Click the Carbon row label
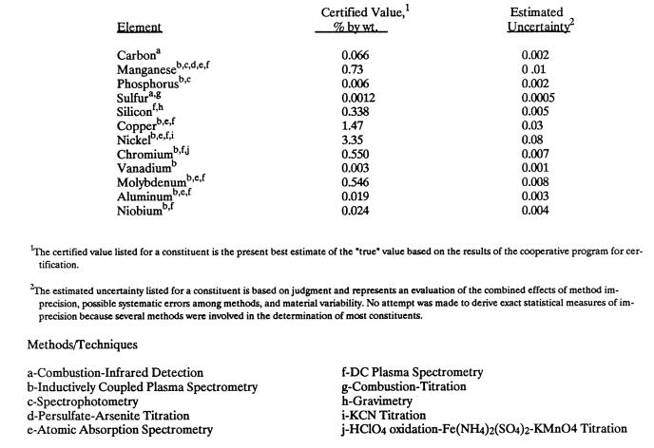pyautogui.click(x=137, y=55)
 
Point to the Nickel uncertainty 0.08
pyautogui.click(x=536, y=139)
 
